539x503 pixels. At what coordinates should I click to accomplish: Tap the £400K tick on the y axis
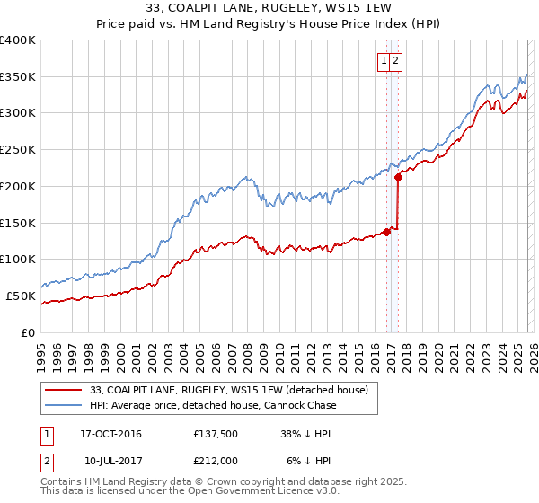tap(18, 40)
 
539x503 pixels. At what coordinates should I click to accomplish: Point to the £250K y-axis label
tap(18, 150)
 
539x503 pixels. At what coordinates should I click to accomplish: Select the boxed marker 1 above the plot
tap(384, 61)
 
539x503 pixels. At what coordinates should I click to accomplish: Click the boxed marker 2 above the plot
tap(396, 61)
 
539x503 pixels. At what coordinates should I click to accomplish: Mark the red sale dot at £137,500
tap(387, 232)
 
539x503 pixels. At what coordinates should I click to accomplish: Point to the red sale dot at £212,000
tap(398, 177)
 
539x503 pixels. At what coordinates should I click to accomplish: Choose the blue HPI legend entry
tap(213, 405)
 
